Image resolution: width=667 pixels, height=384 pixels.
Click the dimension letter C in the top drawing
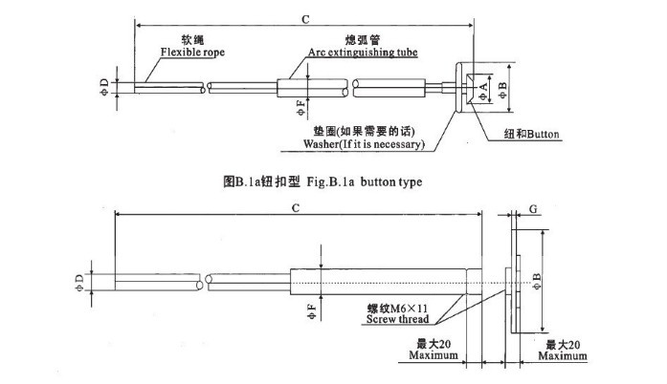click(305, 19)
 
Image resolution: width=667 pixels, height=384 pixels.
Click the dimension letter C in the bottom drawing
click(296, 208)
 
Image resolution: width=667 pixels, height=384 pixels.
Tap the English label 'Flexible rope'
click(192, 53)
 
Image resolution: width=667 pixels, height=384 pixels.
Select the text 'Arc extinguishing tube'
click(363, 53)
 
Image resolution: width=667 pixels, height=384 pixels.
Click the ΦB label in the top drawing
click(502, 90)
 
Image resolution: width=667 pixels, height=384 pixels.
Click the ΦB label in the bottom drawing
click(537, 281)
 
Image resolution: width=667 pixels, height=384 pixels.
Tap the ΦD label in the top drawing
click(104, 88)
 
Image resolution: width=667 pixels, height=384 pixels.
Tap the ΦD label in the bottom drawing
click(79, 283)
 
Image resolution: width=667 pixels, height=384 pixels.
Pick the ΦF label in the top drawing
click(301, 108)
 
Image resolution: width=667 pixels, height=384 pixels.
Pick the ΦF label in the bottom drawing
click(312, 311)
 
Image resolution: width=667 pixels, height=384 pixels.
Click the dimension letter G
click(533, 209)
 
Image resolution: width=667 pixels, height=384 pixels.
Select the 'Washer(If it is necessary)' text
click(365, 144)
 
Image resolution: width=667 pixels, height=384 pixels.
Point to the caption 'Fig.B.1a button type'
click(365, 181)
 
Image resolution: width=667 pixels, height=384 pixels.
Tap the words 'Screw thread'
click(397, 319)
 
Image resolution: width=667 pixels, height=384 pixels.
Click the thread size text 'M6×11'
click(409, 308)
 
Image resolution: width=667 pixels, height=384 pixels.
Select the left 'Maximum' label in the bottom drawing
click(434, 355)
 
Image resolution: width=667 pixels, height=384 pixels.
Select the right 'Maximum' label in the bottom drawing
click(563, 355)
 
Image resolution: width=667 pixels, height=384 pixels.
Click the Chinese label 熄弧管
click(363, 40)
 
